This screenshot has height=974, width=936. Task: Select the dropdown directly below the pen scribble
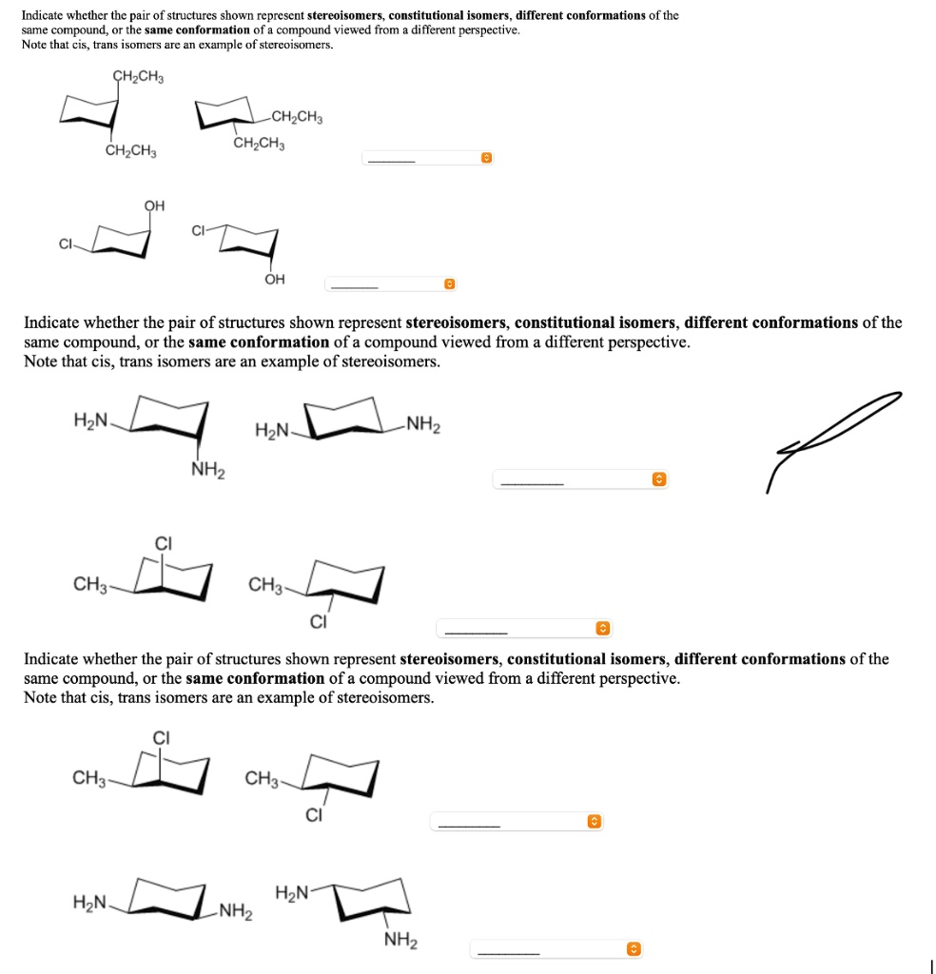[x=580, y=480]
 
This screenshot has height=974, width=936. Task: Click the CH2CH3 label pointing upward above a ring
[x=138, y=77]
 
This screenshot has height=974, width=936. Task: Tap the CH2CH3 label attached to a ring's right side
[x=297, y=118]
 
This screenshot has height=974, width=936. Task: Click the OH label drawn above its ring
[x=154, y=205]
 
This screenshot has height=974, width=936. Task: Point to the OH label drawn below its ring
[x=275, y=279]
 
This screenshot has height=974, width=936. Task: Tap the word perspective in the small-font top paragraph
[x=486, y=30]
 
